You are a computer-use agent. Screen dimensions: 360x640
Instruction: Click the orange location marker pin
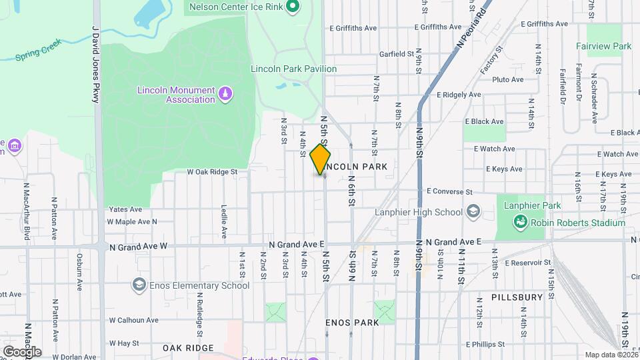point(321,159)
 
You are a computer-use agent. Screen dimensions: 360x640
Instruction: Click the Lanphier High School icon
point(473,212)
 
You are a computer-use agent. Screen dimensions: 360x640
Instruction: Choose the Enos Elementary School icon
point(139,285)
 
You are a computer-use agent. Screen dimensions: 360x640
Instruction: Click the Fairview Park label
point(604,47)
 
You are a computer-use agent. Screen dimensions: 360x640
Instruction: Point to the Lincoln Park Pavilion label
point(293,69)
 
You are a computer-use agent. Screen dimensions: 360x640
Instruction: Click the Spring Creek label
point(39,50)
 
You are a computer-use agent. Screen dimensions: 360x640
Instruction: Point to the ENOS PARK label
point(352,323)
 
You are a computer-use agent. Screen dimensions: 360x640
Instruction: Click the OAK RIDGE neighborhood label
point(188,348)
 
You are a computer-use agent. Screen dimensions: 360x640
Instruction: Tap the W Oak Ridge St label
point(212,171)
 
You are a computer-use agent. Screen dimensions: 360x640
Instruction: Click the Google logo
point(21,351)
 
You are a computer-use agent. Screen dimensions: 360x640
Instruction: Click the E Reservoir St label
point(528,263)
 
